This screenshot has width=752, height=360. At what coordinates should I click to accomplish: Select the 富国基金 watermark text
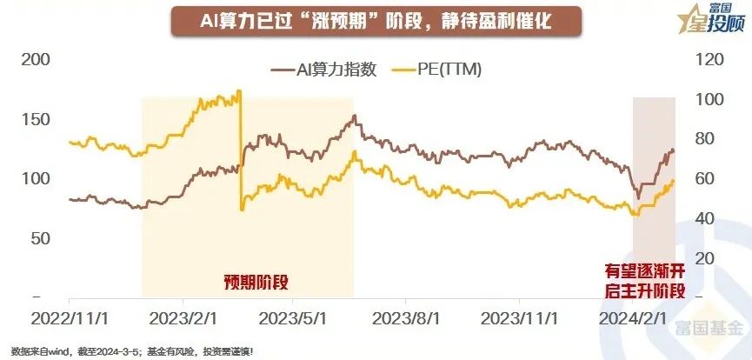coord(710,330)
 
